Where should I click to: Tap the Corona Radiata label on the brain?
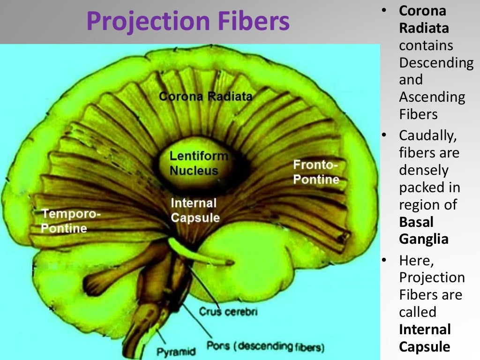[205, 97]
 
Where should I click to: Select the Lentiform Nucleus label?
[199, 163]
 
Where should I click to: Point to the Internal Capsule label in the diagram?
[195, 210]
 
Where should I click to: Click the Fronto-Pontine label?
[316, 172]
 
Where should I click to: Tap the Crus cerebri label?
[228, 311]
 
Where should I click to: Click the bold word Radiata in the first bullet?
[424, 28]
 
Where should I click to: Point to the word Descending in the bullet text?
[436, 62]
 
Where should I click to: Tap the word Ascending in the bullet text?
[432, 97]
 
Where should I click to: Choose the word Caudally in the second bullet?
[427, 136]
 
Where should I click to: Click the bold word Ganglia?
[424, 239]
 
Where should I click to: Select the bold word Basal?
[416, 222]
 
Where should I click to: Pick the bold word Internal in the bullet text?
[425, 329]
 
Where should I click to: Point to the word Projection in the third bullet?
[432, 277]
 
